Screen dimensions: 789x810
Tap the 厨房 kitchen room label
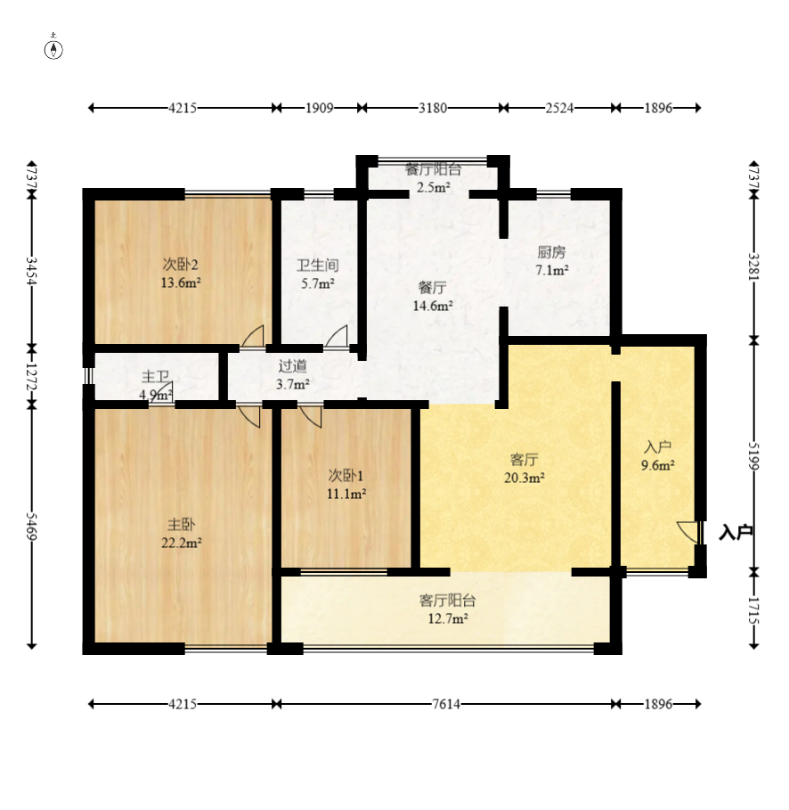click(x=551, y=252)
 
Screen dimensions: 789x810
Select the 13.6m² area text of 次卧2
click(x=181, y=283)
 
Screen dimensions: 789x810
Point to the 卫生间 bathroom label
click(x=318, y=266)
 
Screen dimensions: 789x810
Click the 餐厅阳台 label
click(x=433, y=169)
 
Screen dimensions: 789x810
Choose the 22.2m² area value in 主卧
click(x=182, y=543)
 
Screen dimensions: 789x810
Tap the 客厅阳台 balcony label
click(x=447, y=601)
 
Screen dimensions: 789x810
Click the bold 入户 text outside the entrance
click(x=736, y=533)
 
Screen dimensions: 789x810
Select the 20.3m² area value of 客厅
click(x=525, y=478)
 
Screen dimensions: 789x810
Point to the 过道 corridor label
click(x=293, y=365)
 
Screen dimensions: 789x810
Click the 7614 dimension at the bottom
click(x=446, y=704)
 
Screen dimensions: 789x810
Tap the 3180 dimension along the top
click(x=433, y=108)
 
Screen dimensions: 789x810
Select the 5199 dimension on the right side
click(x=754, y=456)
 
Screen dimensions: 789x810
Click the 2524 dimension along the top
click(x=560, y=108)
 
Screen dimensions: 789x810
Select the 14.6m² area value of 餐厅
click(x=433, y=306)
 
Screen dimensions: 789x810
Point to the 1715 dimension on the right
click(x=754, y=610)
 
